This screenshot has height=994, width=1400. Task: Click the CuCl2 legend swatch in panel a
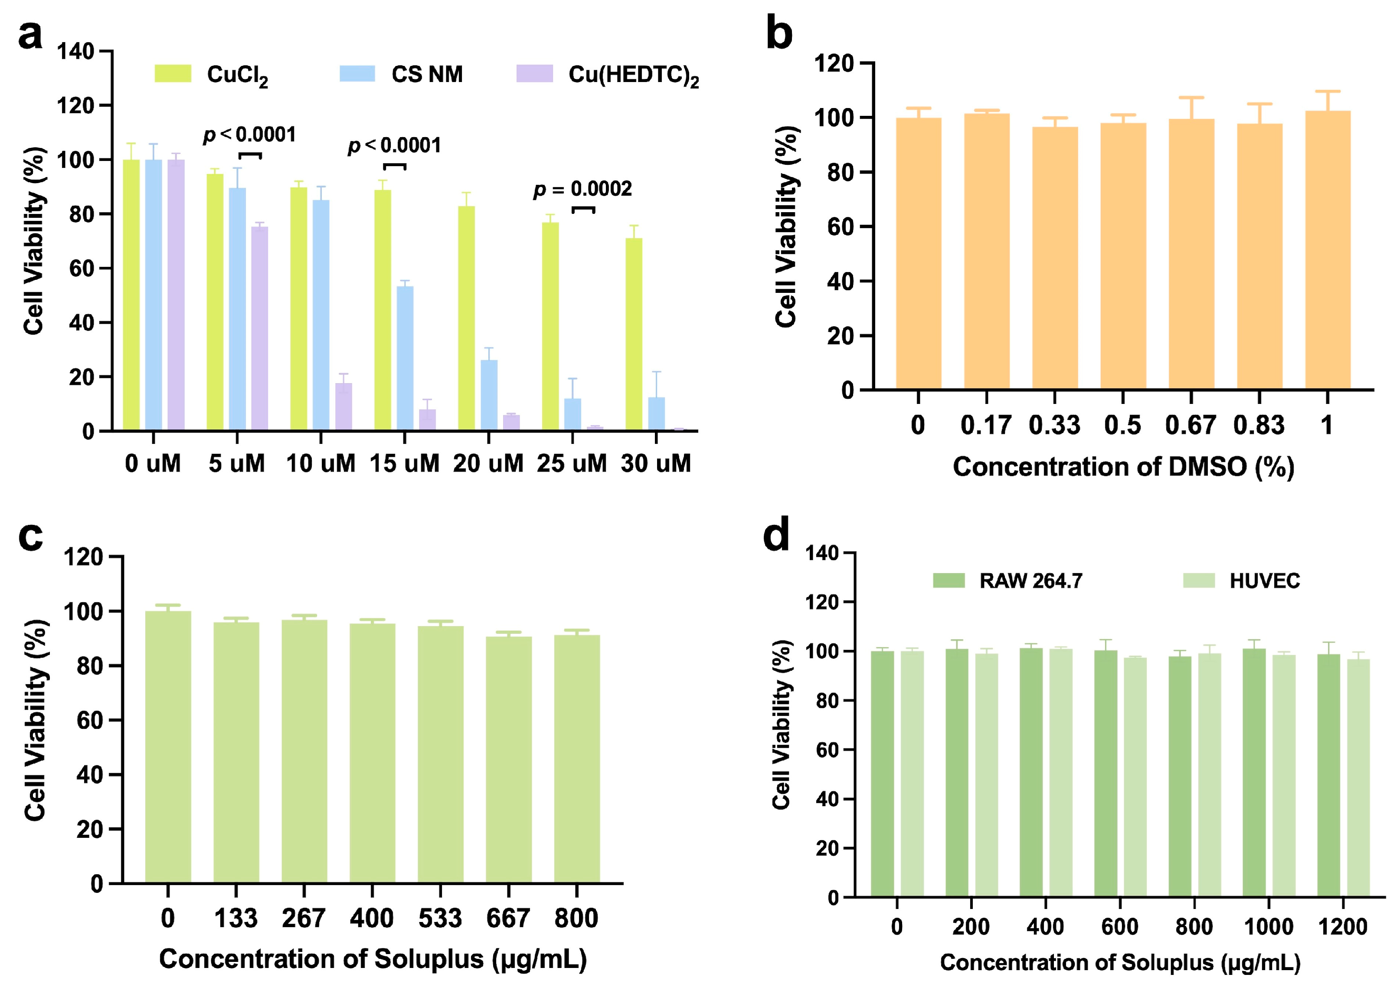[x=173, y=73]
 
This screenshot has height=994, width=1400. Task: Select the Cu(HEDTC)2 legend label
[x=633, y=75]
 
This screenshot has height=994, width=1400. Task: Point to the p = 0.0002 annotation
[x=582, y=189]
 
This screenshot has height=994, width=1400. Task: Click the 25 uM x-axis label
[x=572, y=463]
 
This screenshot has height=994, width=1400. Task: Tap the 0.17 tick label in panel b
[x=986, y=425]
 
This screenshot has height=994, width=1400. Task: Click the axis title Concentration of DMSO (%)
[x=1123, y=467]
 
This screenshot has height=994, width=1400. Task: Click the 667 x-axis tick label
[x=508, y=918]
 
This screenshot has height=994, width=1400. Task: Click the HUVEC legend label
[x=1264, y=580]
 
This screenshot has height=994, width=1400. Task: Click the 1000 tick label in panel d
[x=1269, y=927]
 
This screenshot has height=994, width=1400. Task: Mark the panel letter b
[x=779, y=35]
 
